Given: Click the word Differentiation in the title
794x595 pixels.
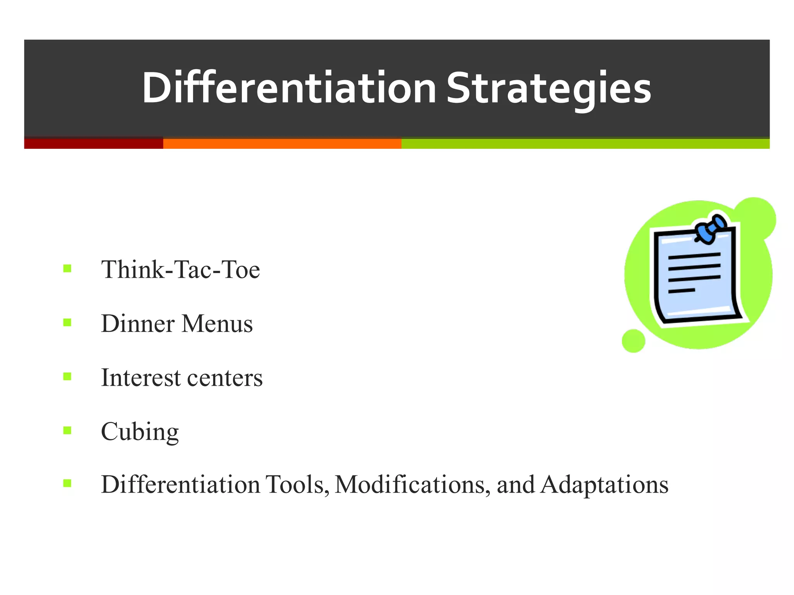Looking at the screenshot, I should click(x=289, y=88).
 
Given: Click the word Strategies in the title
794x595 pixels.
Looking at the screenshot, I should click(x=549, y=88).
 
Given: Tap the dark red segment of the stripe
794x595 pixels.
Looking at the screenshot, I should click(x=93, y=143).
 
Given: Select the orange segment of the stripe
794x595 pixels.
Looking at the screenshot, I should click(x=282, y=143).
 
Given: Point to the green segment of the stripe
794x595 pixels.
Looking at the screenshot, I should click(x=585, y=143).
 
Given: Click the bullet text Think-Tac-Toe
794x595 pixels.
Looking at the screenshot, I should click(x=180, y=270).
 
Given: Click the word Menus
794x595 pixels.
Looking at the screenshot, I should click(x=217, y=323).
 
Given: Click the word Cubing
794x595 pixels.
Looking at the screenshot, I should click(x=140, y=432).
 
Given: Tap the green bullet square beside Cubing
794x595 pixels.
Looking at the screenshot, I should click(x=67, y=430).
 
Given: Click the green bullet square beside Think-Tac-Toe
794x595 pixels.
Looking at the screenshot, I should click(x=67, y=268).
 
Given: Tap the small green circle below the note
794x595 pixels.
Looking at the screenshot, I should click(x=633, y=341).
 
